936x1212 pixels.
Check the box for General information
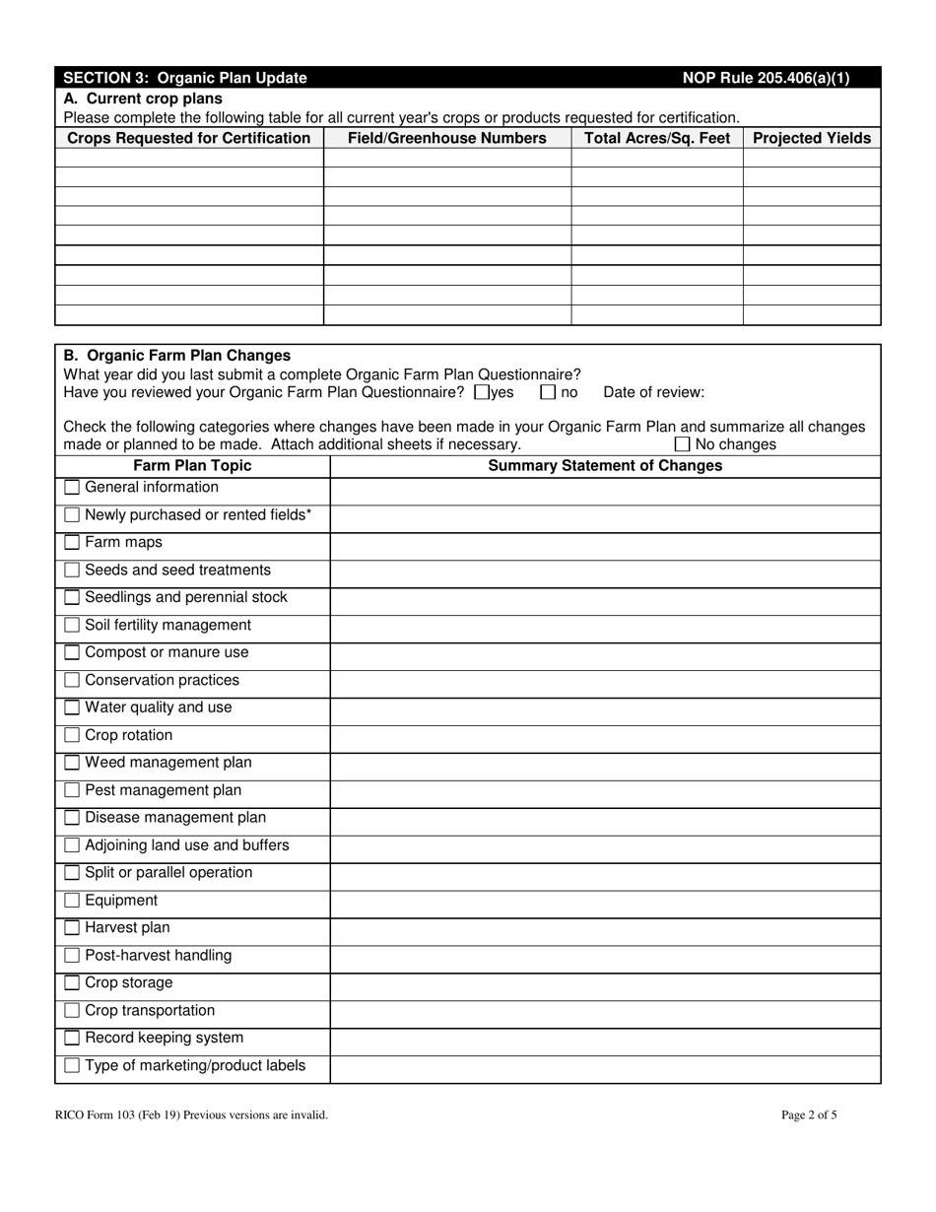click(72, 488)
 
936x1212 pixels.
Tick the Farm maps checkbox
click(72, 543)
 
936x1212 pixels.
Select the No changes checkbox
click(682, 444)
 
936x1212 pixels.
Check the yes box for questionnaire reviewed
click(482, 392)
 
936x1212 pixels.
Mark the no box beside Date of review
click(548, 392)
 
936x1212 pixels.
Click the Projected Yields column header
click(812, 138)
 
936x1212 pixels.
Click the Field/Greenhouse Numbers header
click(447, 138)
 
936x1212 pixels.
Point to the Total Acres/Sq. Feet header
click(657, 138)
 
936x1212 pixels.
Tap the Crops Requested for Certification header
click(189, 138)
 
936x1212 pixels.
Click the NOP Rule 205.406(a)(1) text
click(766, 78)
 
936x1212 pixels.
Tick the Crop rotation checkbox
click(72, 736)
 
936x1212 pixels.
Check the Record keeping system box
click(72, 1039)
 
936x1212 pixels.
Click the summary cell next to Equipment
click(605, 901)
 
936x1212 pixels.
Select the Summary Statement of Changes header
click(605, 465)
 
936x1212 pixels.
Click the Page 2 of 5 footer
click(809, 1115)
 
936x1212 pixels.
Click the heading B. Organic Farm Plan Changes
click(177, 356)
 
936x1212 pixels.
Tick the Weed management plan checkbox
click(72, 763)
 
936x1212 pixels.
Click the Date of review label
click(653, 392)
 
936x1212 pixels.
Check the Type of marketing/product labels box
click(72, 1066)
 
